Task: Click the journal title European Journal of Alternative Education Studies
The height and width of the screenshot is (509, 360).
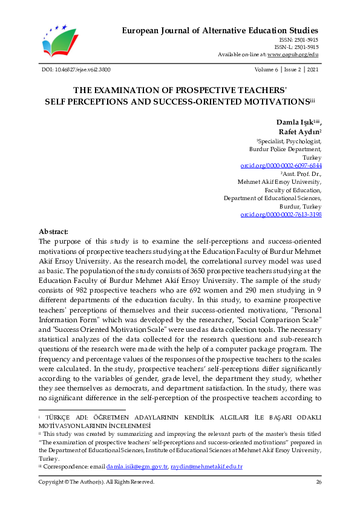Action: coord(220,30)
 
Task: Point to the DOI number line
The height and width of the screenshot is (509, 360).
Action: coord(75,70)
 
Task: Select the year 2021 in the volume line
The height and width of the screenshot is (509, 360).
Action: coord(312,70)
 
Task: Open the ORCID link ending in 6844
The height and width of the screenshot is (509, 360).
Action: coord(281,165)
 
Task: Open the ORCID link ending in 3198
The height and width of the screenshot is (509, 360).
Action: coord(281,214)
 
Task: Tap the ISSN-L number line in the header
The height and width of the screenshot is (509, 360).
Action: coord(296,47)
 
